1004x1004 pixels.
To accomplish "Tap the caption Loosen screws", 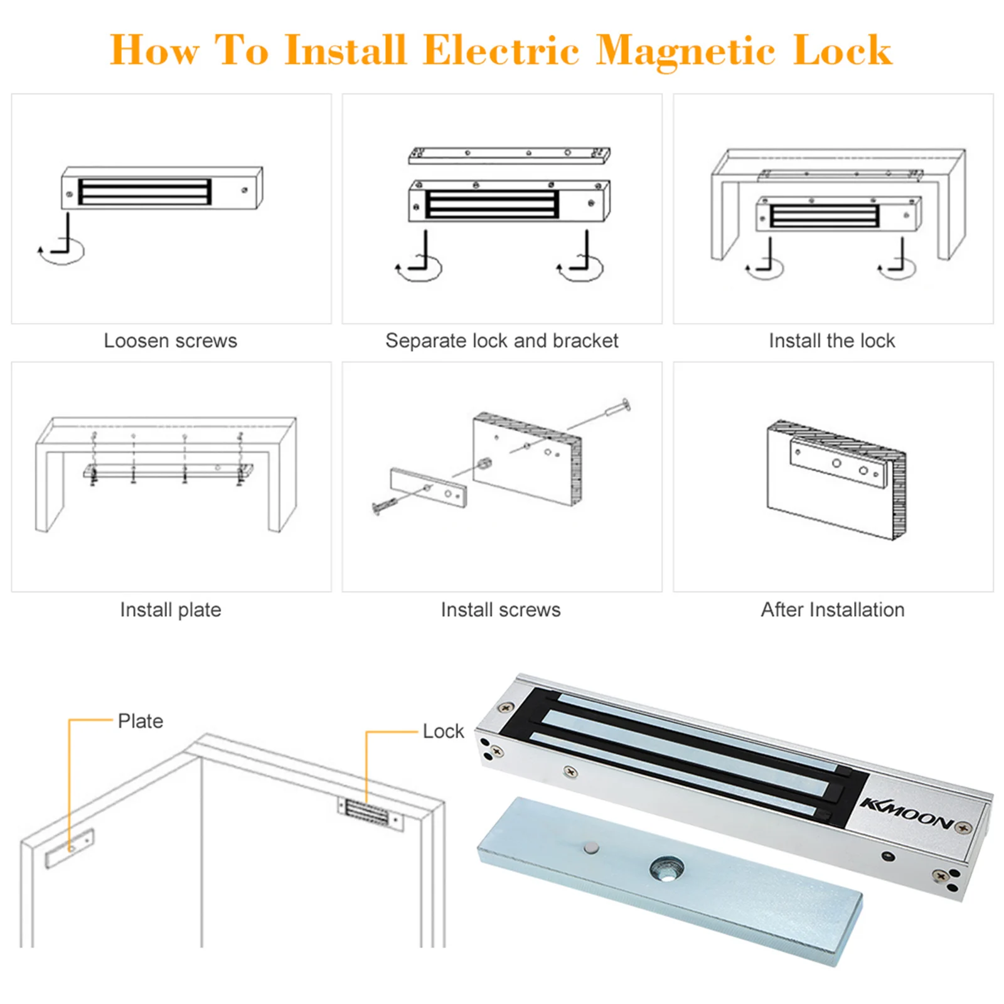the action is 170,341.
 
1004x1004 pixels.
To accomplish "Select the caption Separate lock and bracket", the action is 501,341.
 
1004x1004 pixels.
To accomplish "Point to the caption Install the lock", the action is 831,341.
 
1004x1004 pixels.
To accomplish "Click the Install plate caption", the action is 170,609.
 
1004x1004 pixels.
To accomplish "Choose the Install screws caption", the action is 500,609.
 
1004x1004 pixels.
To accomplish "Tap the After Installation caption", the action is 833,609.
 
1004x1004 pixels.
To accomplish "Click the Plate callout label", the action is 141,721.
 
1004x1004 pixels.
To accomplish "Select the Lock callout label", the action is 443,731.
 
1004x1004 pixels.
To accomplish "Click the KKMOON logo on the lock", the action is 907,814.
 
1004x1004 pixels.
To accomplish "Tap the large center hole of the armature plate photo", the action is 666,870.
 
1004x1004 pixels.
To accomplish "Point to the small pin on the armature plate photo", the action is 591,848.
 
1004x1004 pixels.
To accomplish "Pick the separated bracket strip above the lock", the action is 508,155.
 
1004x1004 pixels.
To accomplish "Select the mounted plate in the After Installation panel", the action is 838,464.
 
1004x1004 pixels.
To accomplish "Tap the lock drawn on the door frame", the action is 370,814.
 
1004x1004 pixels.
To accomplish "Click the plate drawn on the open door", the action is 70,848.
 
